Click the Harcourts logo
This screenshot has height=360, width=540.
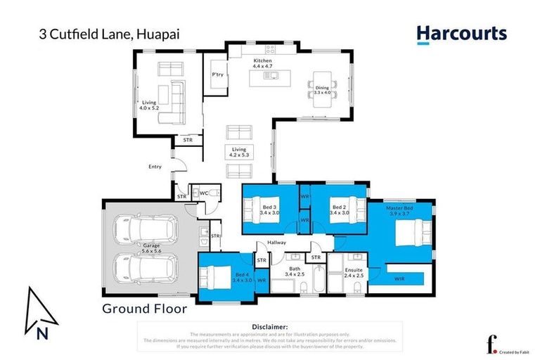tap(461, 34)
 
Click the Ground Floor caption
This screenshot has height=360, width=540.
tap(144, 308)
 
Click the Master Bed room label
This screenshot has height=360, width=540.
tap(399, 211)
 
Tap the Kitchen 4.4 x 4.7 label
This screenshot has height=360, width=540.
tap(262, 64)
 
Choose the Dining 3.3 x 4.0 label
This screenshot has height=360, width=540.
tap(321, 89)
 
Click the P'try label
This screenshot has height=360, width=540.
tap(218, 75)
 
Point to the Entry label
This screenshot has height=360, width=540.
tap(155, 167)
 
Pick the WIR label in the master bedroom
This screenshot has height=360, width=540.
tap(399, 279)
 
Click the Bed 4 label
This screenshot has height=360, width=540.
tap(241, 277)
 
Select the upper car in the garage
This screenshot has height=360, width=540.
tap(145, 228)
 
